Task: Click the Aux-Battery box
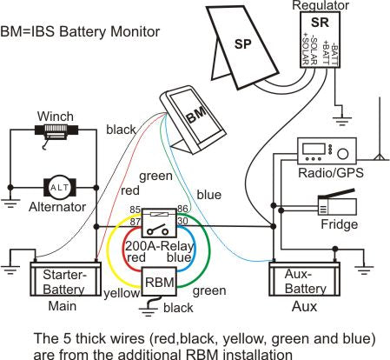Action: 300,279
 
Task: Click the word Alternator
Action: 58,207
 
